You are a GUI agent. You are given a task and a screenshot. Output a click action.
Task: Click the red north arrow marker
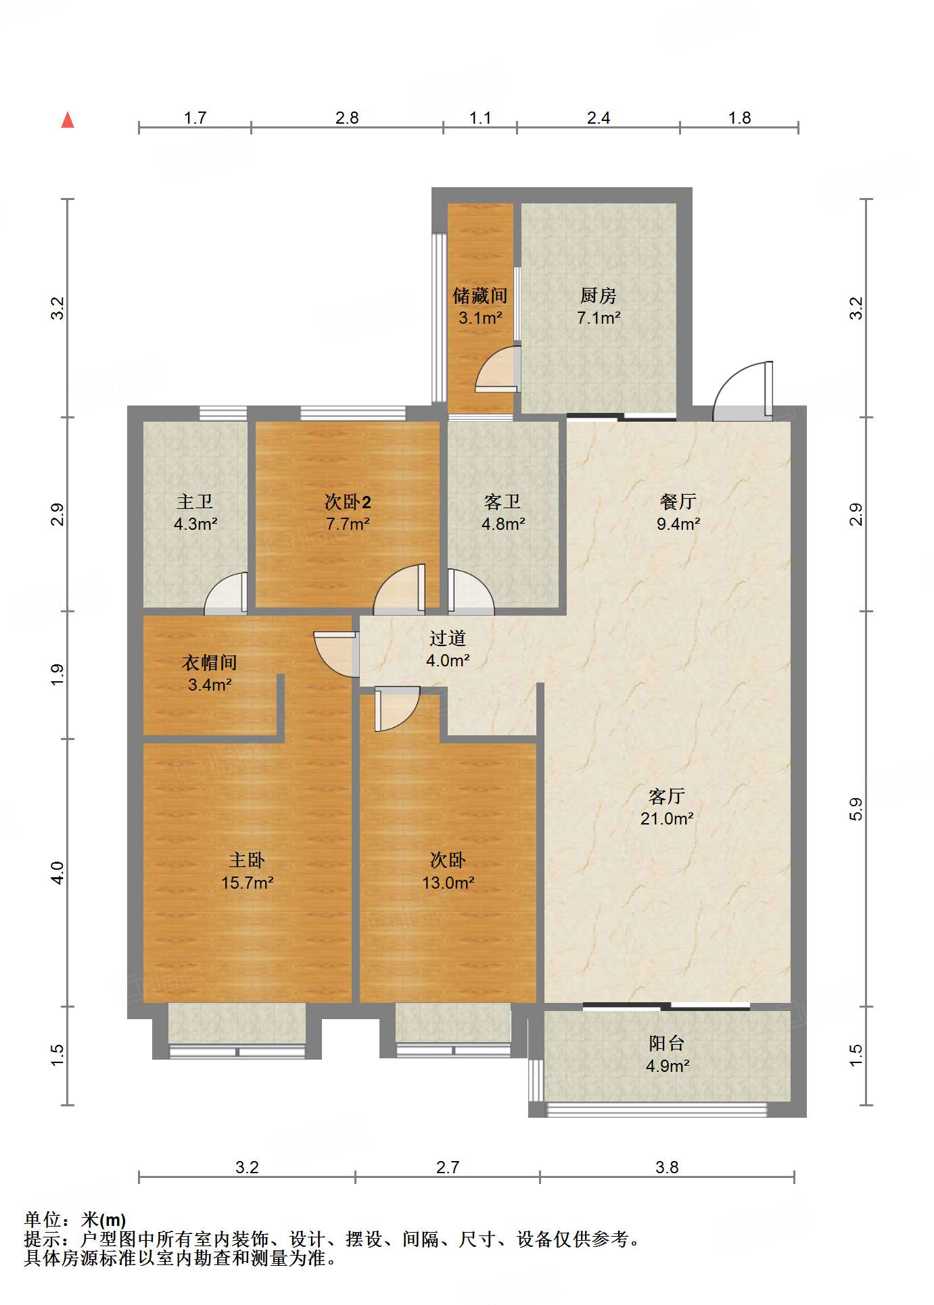point(68,120)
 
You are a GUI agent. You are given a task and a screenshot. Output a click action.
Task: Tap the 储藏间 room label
point(480,296)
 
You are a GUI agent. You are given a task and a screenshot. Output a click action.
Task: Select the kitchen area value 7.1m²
point(599,318)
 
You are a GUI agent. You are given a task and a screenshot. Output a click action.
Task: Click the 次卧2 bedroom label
point(348,502)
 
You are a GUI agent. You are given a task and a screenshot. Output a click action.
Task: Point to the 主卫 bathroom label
point(195,502)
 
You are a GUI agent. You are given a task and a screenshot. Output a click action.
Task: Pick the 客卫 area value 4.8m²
point(503,524)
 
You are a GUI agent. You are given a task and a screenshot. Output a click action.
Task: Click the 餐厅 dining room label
point(678,502)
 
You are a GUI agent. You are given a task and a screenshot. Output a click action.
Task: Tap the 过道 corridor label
point(447,639)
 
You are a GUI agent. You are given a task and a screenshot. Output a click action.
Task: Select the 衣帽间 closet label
point(210,663)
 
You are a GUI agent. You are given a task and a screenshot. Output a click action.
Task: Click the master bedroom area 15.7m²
point(247,883)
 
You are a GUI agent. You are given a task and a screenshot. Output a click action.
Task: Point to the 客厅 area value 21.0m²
point(667,819)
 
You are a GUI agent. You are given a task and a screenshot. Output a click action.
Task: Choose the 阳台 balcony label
point(667,1043)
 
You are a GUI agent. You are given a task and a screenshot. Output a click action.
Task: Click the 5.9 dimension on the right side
point(856,809)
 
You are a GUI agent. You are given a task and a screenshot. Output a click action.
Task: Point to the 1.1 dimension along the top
point(480,118)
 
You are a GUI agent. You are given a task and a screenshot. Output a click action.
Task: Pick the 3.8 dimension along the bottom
point(667,1167)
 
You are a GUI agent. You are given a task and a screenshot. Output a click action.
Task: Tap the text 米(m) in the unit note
point(103,1219)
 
